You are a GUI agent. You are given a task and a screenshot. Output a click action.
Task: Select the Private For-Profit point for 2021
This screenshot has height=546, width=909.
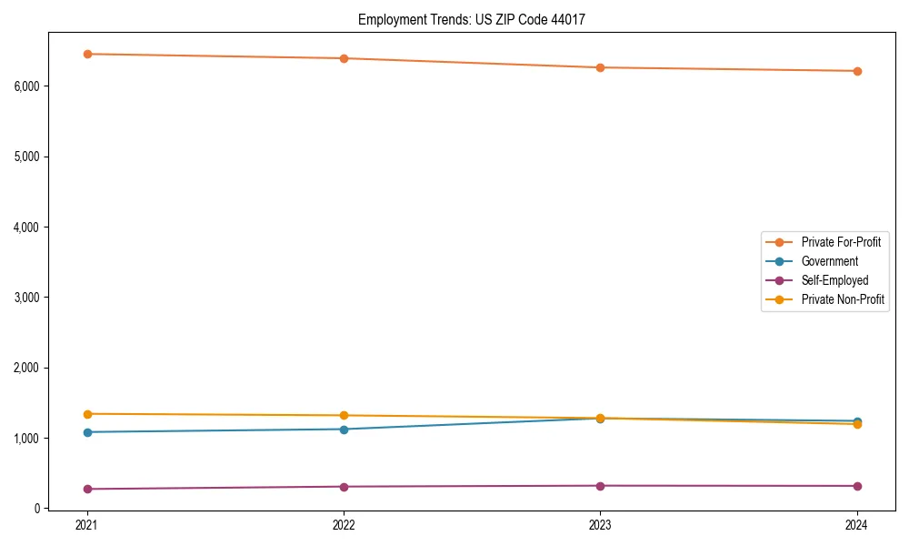pos(87,54)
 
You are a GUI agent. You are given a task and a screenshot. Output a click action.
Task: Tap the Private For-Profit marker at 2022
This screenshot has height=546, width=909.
pos(344,58)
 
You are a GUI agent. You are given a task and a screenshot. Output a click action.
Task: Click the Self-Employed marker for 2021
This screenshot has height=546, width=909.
pos(87,489)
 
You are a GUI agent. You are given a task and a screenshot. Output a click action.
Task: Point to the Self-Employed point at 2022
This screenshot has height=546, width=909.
pos(344,487)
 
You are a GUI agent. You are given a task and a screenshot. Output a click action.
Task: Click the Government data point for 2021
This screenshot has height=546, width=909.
pos(87,432)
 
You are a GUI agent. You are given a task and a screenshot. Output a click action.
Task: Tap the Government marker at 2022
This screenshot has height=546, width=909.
pos(344,430)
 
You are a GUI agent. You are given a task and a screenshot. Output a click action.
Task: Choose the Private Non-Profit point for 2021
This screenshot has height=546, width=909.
pos(87,414)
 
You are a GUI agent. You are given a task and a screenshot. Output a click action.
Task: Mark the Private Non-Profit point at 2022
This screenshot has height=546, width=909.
pos(344,415)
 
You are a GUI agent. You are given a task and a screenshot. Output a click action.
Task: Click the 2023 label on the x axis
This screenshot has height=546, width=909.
pos(600,525)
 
